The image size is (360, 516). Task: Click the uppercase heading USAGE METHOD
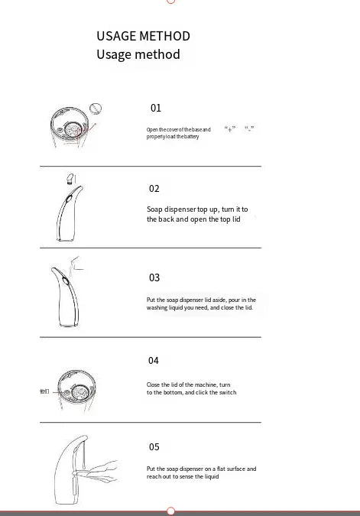[x=143, y=36]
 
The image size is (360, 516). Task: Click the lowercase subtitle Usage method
[x=138, y=54]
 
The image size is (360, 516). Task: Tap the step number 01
[x=156, y=109]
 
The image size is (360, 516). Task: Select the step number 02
[x=154, y=188]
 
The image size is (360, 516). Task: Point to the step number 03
[x=154, y=277]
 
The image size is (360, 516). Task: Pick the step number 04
[x=154, y=360]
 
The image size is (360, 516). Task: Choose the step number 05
[x=154, y=446]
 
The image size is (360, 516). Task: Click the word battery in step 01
[x=191, y=137]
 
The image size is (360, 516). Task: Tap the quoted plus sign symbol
[x=230, y=129]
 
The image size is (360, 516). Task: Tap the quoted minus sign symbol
[x=249, y=129]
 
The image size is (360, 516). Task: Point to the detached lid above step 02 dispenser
[x=70, y=180]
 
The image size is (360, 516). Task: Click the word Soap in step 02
[x=154, y=209]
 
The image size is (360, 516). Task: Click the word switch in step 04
[x=227, y=392]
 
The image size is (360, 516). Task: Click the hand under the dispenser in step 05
[x=99, y=471]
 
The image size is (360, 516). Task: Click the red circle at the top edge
[x=171, y=2]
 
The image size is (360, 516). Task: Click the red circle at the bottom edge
[x=171, y=511]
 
